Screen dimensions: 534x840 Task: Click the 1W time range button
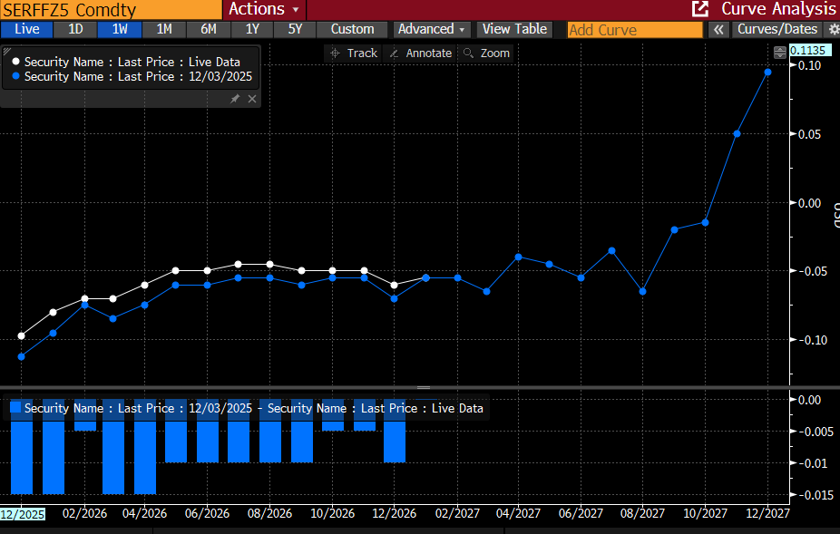120,29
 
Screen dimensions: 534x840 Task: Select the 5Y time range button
295,29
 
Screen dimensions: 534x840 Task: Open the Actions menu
262,9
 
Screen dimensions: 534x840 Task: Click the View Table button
514,29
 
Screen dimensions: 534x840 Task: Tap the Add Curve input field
634,30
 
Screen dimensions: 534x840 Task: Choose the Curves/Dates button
777,29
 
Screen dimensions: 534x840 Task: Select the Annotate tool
420,53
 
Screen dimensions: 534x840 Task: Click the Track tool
354,53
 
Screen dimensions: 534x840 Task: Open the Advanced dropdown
432,29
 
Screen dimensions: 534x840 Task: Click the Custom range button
352,29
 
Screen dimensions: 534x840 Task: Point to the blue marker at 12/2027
767,72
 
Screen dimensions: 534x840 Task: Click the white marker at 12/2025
21,335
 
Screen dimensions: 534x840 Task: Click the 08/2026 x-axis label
269,513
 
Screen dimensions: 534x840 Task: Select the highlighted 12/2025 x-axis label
22,514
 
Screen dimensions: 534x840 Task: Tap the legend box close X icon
252,99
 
